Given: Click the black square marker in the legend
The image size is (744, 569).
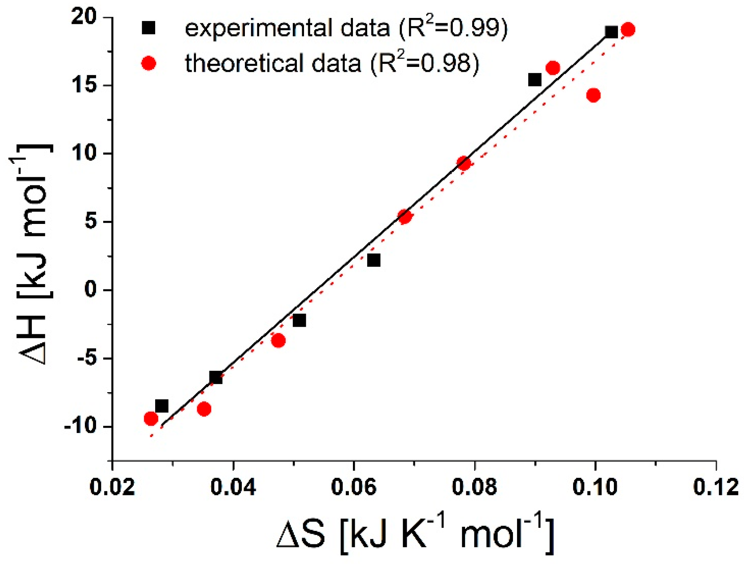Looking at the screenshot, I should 148,28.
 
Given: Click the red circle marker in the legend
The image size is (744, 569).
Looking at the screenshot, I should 148,63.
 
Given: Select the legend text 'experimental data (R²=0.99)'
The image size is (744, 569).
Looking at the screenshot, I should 346,28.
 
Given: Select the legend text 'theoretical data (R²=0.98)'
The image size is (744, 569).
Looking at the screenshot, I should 332,63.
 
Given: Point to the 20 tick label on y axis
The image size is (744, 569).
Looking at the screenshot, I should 84,17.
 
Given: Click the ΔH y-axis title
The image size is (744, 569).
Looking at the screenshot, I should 32,254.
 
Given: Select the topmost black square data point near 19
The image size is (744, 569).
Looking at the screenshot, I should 611,32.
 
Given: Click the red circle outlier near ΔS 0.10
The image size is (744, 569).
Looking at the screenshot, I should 593,95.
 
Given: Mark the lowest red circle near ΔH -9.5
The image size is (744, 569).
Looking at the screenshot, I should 151,419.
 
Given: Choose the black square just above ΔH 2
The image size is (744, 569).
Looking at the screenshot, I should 373,260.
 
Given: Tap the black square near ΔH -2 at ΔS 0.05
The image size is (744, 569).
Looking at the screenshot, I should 299,320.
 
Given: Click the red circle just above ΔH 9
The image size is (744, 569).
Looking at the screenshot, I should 464,163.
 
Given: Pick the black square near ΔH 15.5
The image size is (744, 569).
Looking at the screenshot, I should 535,80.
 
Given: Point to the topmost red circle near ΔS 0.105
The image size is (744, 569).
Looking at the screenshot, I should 628,30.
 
